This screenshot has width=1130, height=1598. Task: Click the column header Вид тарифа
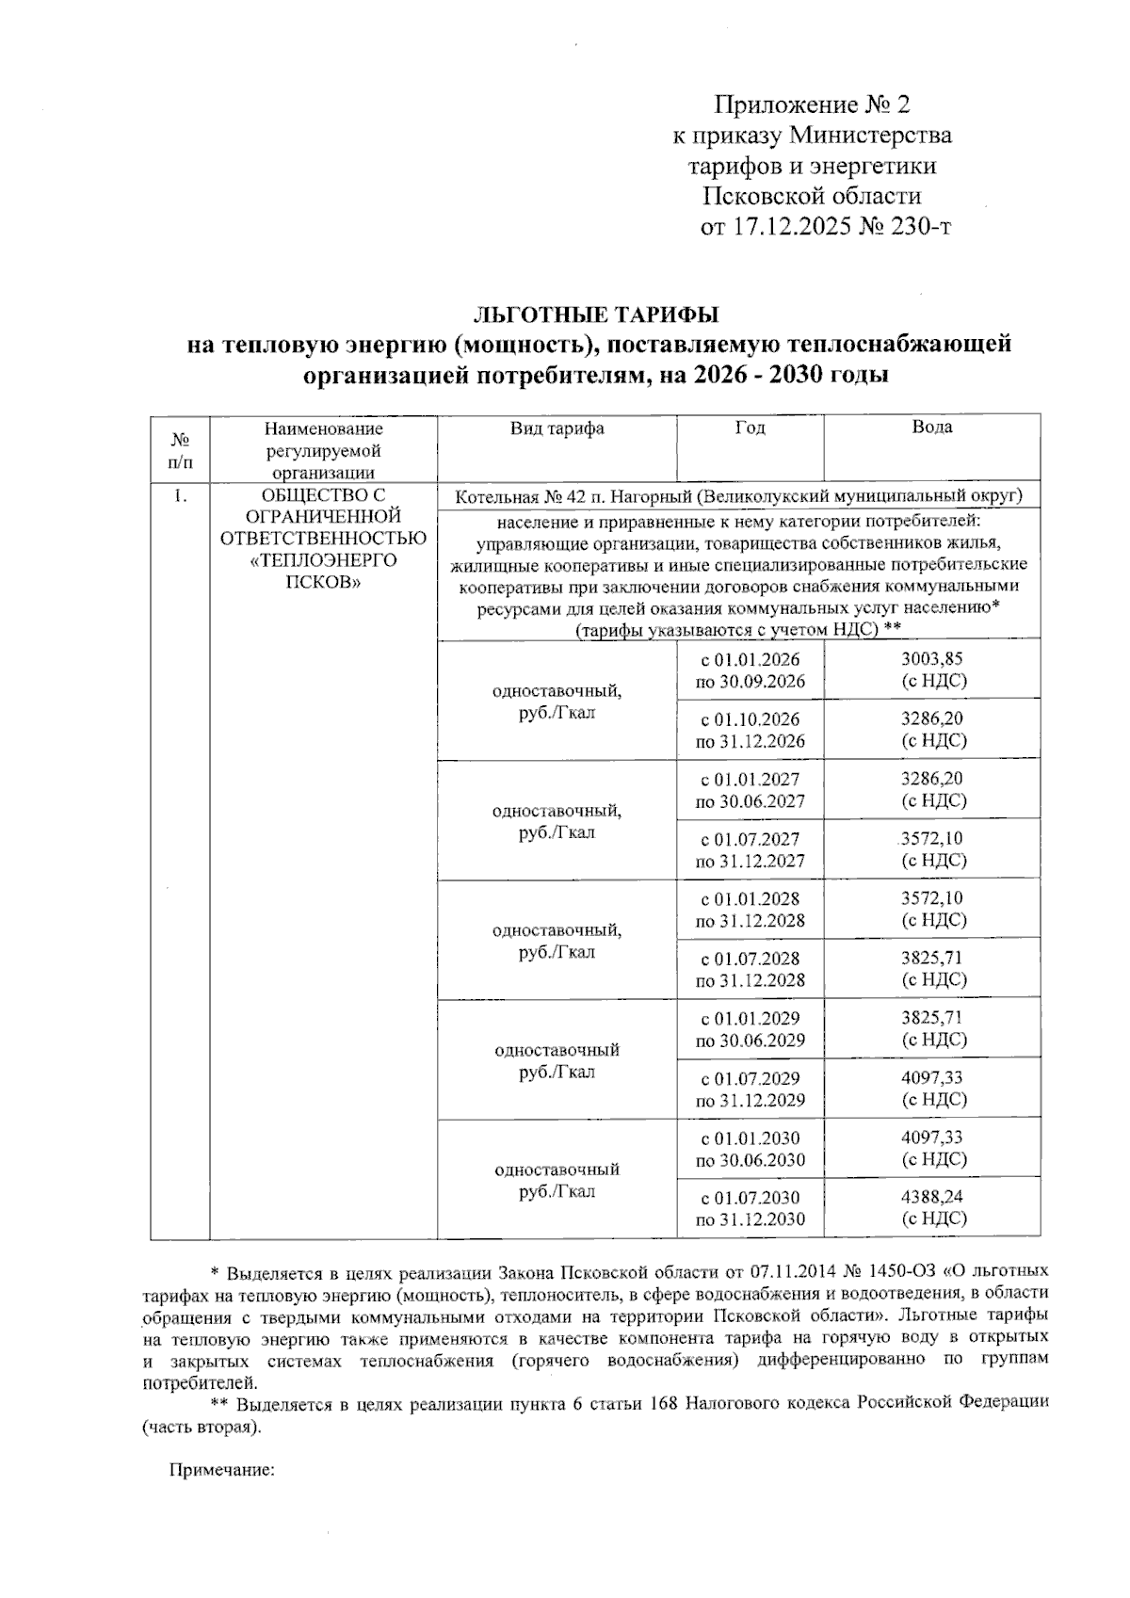point(557,428)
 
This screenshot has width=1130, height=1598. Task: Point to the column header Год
point(750,428)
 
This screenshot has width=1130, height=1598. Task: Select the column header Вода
point(931,428)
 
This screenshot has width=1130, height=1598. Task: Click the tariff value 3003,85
point(932,659)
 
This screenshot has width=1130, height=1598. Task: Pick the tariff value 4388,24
point(932,1197)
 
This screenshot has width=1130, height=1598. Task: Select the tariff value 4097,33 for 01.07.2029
point(932,1077)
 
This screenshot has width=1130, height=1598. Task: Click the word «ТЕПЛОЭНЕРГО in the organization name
point(323,560)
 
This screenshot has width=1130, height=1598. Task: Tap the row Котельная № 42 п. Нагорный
point(738,496)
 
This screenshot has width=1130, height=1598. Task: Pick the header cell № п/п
point(180,450)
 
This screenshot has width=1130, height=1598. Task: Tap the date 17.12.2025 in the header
point(789,227)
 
